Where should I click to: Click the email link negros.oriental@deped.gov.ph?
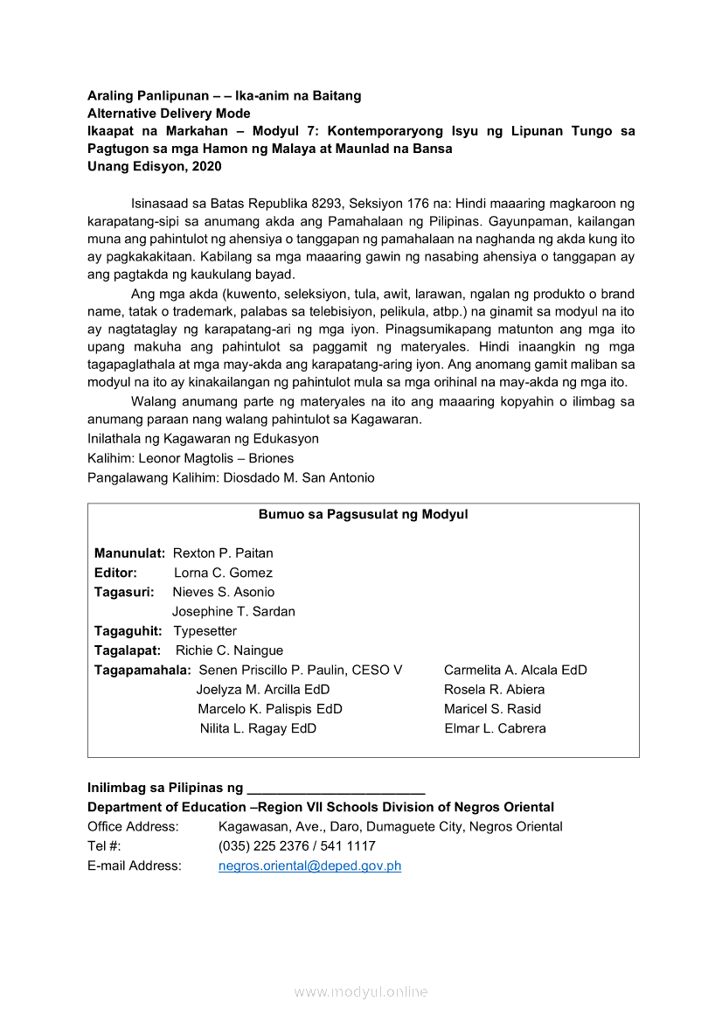click(x=309, y=866)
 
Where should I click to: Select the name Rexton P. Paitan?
click(x=223, y=553)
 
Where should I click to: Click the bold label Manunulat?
click(x=130, y=553)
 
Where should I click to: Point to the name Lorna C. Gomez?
click(x=223, y=573)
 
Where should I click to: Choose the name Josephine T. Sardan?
click(x=233, y=611)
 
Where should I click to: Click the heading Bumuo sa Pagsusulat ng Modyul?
click(x=363, y=514)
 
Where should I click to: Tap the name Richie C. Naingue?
click(x=229, y=650)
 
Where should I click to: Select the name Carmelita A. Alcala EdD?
click(x=516, y=670)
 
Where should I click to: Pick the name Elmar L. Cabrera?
click(x=495, y=728)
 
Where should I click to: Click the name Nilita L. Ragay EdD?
click(x=258, y=728)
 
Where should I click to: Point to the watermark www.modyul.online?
click(x=361, y=991)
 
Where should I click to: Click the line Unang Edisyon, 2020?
click(x=155, y=166)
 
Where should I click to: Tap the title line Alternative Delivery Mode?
click(x=169, y=114)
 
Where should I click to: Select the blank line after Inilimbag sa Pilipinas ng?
click(x=337, y=789)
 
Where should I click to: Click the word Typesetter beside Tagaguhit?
click(x=205, y=631)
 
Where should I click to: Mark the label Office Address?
click(x=133, y=827)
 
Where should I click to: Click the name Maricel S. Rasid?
click(x=492, y=709)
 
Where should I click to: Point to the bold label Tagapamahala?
click(x=142, y=670)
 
